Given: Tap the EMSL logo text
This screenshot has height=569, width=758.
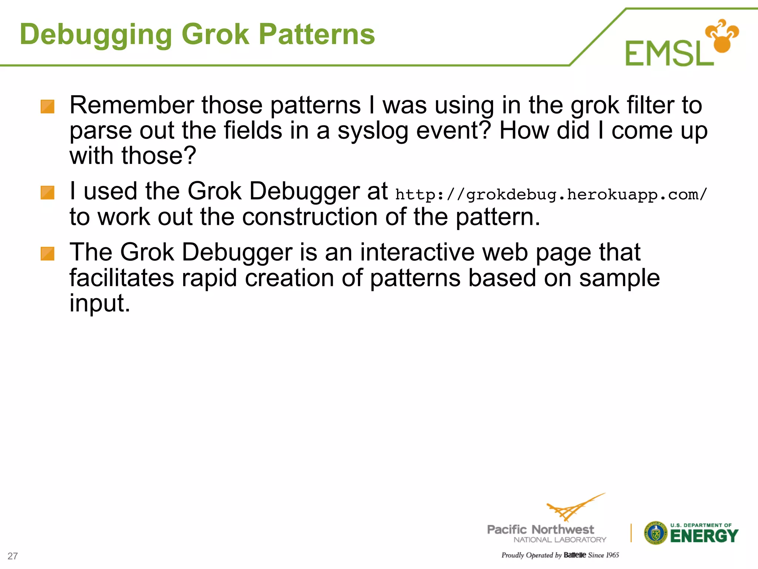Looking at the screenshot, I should [x=669, y=54].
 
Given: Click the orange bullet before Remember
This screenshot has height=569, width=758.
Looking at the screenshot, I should [x=47, y=107].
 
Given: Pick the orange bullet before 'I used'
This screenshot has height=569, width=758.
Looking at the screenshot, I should [x=47, y=193].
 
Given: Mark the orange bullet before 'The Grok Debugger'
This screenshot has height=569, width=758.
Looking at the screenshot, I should [x=47, y=254].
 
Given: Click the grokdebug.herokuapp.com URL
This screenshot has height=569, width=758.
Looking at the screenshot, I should [x=551, y=194].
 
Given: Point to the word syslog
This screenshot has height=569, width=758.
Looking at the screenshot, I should [x=373, y=131].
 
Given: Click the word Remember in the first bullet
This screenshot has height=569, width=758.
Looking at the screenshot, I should [x=131, y=105].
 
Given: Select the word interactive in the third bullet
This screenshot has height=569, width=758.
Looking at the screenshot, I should [x=417, y=253].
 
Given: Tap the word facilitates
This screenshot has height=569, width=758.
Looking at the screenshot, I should [x=121, y=278].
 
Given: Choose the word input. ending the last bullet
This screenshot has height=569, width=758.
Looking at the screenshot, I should [x=100, y=304].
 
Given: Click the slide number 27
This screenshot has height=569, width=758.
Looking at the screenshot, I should [x=13, y=556].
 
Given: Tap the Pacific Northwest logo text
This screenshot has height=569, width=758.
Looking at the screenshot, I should [x=540, y=529].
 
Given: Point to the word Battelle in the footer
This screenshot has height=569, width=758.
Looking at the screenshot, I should [x=574, y=555].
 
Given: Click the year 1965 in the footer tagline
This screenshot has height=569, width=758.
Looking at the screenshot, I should [x=613, y=555].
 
